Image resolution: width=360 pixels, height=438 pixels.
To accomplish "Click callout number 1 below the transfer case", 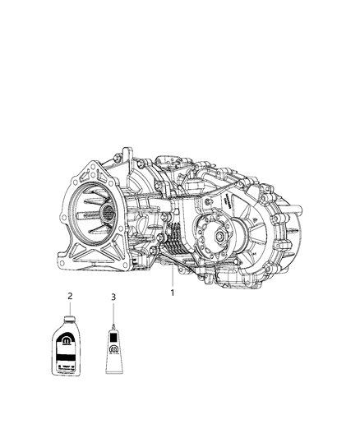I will (172, 292).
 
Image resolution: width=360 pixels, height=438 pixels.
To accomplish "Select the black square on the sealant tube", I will (115, 336).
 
